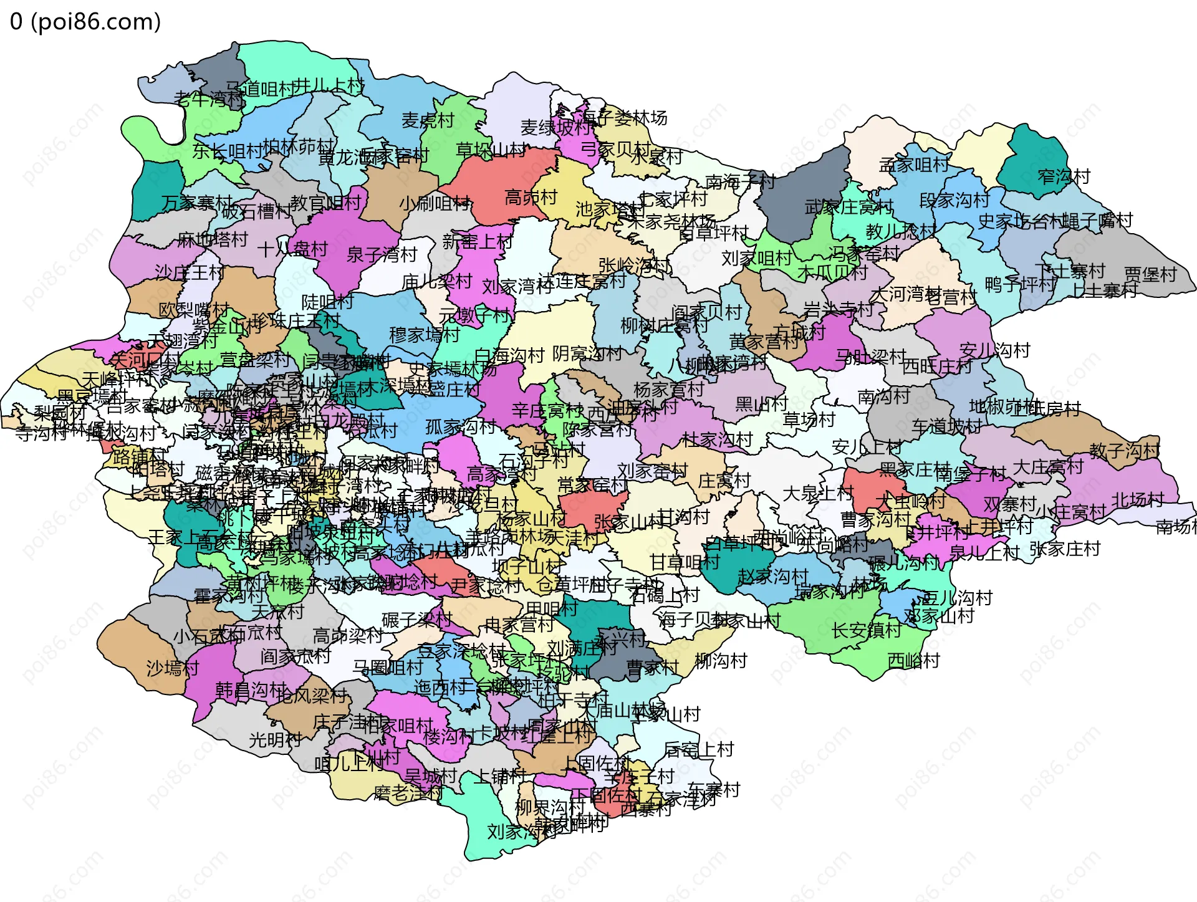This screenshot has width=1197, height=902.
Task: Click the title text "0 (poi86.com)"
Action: [x=85, y=22]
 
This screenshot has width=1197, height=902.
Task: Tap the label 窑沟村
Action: [x=1064, y=176]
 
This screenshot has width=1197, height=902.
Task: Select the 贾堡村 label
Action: [x=1150, y=274]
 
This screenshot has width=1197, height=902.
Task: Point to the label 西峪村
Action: [x=913, y=660]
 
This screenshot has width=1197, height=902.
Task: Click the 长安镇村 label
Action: [x=867, y=630]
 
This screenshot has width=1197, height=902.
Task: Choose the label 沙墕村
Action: [x=173, y=668]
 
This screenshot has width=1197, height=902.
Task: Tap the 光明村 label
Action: [x=275, y=740]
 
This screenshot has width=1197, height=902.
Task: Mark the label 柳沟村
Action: [x=721, y=660]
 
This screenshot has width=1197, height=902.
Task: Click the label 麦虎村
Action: [x=428, y=120]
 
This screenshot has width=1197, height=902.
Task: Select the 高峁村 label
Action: [x=531, y=198]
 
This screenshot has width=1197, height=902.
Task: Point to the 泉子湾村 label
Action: [x=382, y=254]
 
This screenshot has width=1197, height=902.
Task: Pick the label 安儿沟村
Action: [x=994, y=350]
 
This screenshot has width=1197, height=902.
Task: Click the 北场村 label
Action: [x=1138, y=499]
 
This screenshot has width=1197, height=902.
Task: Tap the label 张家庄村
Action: [x=1065, y=549]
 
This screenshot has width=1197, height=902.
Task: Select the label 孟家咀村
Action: [x=913, y=165]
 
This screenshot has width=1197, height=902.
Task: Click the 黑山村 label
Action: [x=761, y=404]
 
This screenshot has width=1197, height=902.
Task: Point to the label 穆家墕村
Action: [x=425, y=335]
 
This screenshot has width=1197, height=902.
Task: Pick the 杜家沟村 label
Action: [x=717, y=440]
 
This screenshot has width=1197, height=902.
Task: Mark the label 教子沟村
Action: [x=1124, y=450]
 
